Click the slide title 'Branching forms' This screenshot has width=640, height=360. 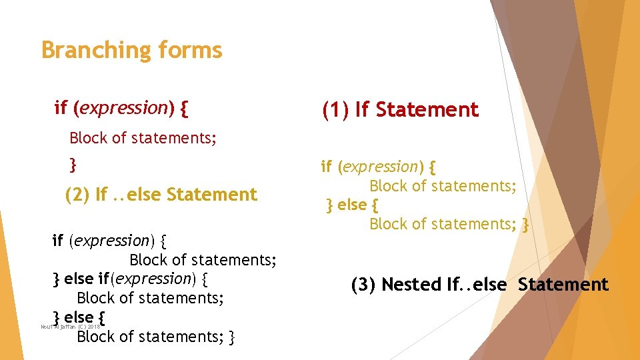click(x=131, y=51)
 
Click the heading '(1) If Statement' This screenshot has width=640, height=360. click(x=400, y=110)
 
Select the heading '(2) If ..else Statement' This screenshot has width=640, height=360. click(x=161, y=195)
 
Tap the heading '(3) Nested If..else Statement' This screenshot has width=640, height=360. click(x=479, y=285)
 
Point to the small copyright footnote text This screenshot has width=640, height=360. click(x=70, y=327)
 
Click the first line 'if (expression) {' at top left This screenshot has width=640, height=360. click(x=121, y=107)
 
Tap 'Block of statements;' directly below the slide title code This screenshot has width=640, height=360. click(x=143, y=138)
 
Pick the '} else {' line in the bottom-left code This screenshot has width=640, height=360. click(x=79, y=316)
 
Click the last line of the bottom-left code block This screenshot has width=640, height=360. click(x=155, y=337)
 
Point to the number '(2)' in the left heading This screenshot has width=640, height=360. click(x=78, y=195)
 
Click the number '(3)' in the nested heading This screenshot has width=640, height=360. click(x=365, y=285)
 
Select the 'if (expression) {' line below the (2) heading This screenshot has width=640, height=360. click(x=111, y=240)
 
